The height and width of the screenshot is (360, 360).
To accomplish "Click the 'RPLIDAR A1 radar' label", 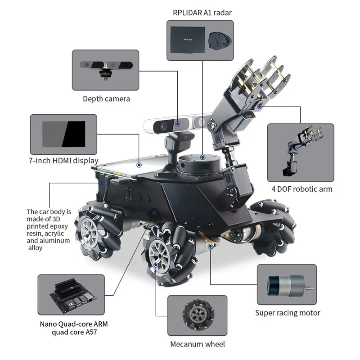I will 202,12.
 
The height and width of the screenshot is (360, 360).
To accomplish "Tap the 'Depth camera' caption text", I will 106,99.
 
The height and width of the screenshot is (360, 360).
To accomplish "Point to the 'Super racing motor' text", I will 288,313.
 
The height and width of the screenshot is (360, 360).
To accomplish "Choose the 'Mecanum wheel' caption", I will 198,344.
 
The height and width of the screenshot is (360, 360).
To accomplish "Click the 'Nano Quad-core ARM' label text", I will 73,324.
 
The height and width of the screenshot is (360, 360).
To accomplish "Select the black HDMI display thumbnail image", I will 63,133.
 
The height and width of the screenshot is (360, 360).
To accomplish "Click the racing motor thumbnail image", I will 286,284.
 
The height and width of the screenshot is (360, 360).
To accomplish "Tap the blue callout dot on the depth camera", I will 179,122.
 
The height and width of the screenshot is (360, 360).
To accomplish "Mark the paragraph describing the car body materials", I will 49,229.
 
